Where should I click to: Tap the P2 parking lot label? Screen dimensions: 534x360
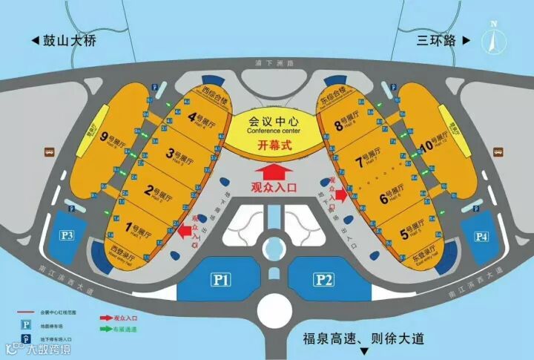tap(323, 280)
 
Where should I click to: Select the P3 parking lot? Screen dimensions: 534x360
tap(68, 236)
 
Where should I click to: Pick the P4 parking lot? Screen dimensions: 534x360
tap(481, 238)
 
